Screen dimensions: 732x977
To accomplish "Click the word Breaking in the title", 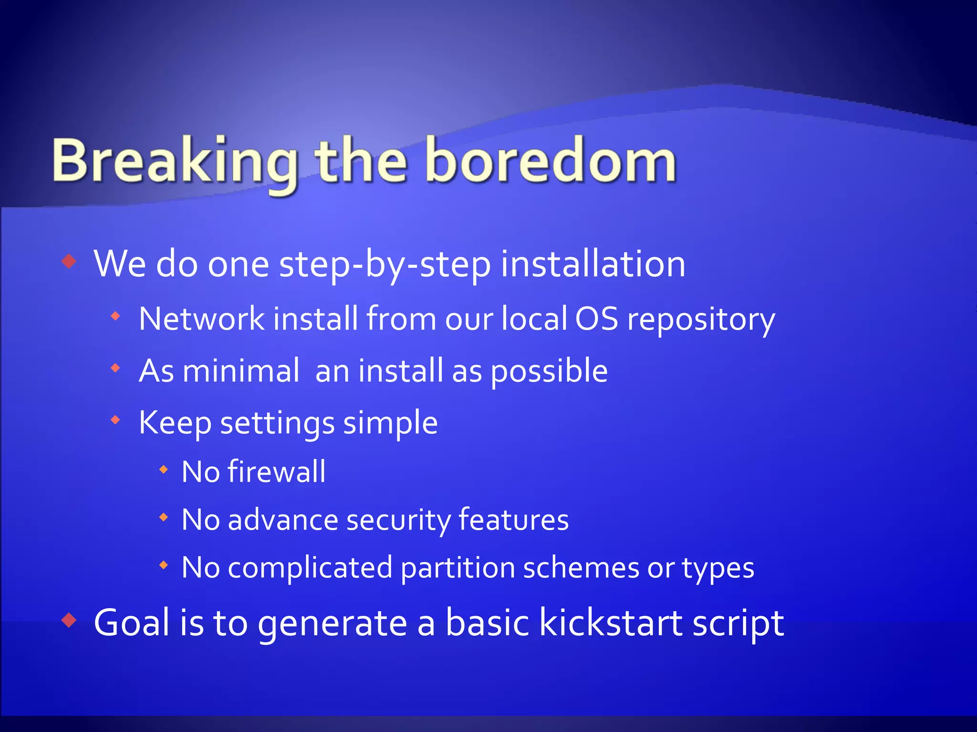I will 174,162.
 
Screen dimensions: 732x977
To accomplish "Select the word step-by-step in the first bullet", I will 385,265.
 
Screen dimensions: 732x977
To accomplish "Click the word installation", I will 592,264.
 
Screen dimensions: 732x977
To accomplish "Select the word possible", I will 549,372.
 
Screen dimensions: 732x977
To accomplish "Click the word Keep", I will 175,423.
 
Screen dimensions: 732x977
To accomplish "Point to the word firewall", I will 277,472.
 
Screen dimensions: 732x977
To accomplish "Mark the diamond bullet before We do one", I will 70,261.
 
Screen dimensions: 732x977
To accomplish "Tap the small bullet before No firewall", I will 164,470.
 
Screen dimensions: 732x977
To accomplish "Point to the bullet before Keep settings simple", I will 115,420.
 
